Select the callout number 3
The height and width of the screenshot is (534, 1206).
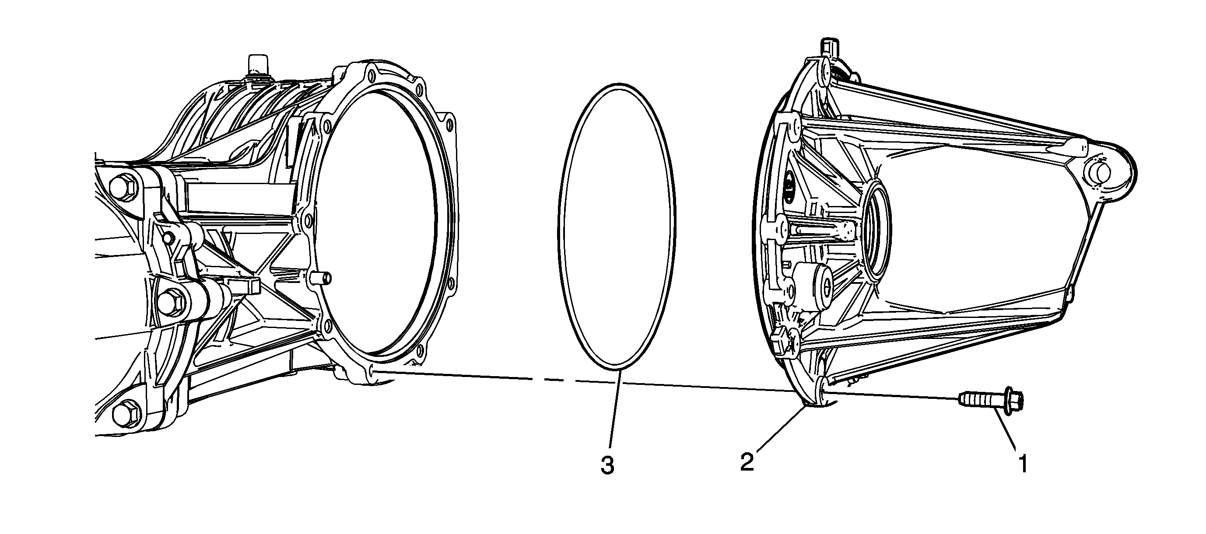(x=607, y=465)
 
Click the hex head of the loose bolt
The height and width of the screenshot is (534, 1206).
(x=1011, y=403)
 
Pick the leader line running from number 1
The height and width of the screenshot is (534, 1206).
(x=1005, y=432)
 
